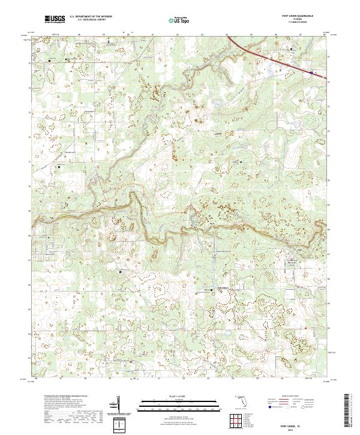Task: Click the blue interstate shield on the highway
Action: click(311, 73)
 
